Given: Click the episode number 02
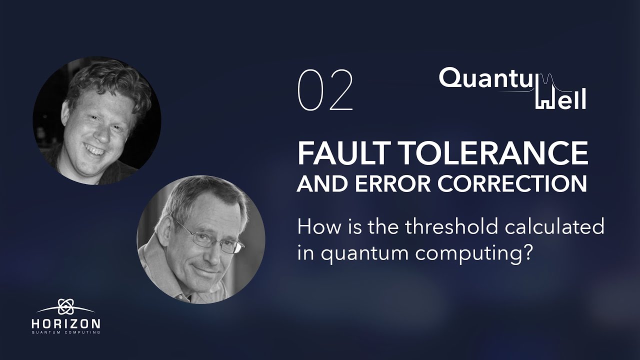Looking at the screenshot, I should click(x=325, y=90).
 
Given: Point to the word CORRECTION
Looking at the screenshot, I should click(x=512, y=183).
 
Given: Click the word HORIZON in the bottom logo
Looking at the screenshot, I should click(x=65, y=323).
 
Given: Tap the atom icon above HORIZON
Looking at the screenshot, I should click(x=65, y=306).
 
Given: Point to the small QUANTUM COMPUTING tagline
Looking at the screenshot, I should click(x=65, y=332).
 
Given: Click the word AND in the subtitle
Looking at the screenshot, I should click(x=317, y=183).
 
